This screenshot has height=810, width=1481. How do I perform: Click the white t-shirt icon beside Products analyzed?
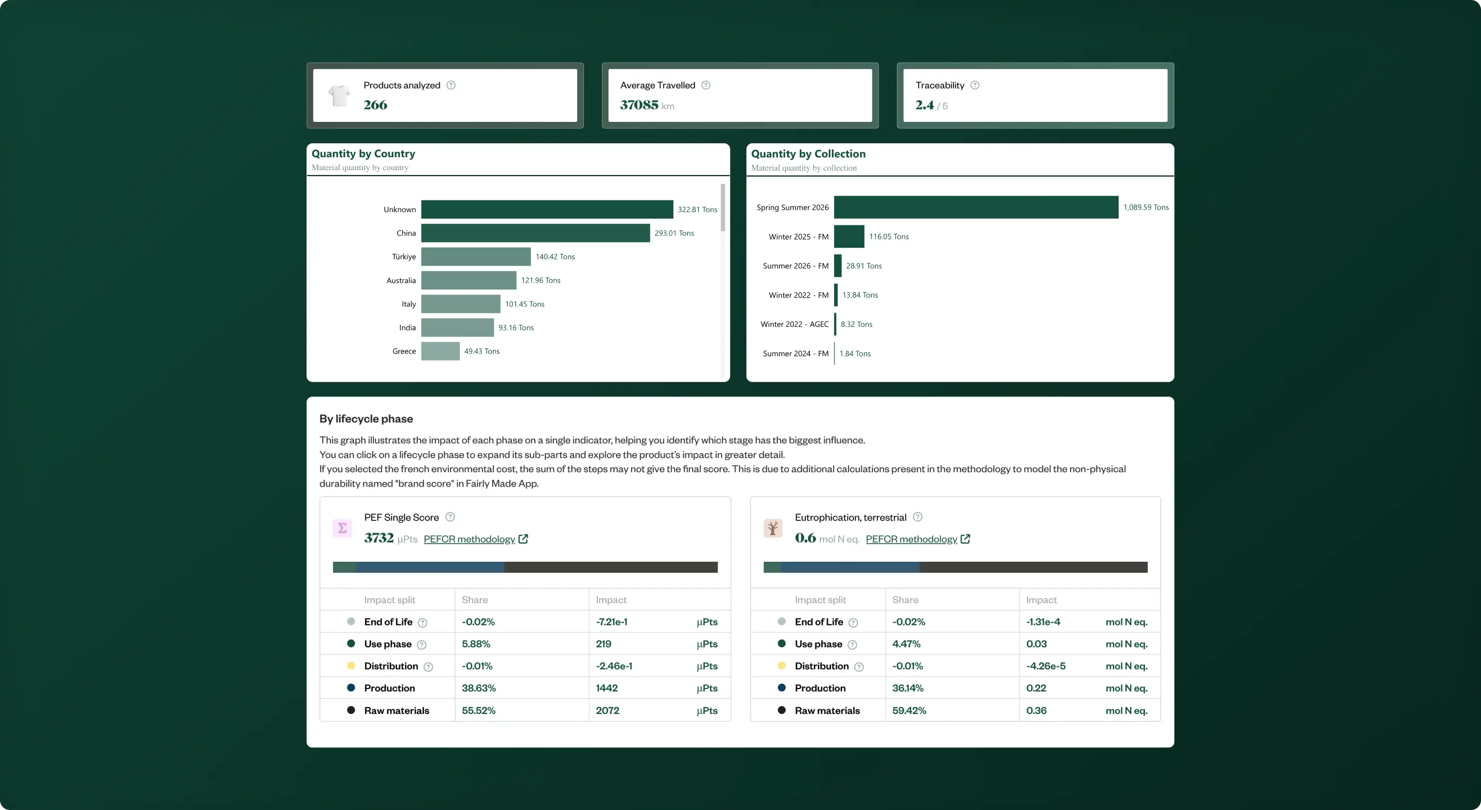click(339, 96)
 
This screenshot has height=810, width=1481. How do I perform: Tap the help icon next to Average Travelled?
click(706, 85)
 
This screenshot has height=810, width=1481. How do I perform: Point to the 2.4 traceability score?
click(925, 104)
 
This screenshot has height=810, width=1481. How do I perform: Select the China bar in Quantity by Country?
click(535, 233)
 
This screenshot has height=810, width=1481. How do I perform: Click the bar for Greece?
click(440, 351)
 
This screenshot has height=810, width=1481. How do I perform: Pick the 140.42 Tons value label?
click(555, 257)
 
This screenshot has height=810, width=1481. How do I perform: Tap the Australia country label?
click(401, 281)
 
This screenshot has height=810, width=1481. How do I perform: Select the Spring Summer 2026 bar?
click(976, 207)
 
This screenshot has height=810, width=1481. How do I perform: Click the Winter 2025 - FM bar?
click(849, 236)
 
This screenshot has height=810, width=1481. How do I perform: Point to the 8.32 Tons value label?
click(856, 324)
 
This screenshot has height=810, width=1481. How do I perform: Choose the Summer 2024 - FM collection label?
click(796, 354)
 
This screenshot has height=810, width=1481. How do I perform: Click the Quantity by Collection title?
click(808, 153)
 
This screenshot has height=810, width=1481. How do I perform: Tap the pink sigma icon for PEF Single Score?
click(342, 528)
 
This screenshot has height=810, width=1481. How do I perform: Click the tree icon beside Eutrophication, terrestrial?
click(773, 528)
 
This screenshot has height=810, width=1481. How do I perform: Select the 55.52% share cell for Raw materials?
click(478, 710)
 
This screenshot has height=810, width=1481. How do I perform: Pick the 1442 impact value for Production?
click(607, 688)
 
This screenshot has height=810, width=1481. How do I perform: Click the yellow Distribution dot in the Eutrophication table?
click(781, 666)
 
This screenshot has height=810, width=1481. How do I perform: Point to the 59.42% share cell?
click(909, 710)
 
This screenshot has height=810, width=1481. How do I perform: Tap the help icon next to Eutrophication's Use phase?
click(852, 645)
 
